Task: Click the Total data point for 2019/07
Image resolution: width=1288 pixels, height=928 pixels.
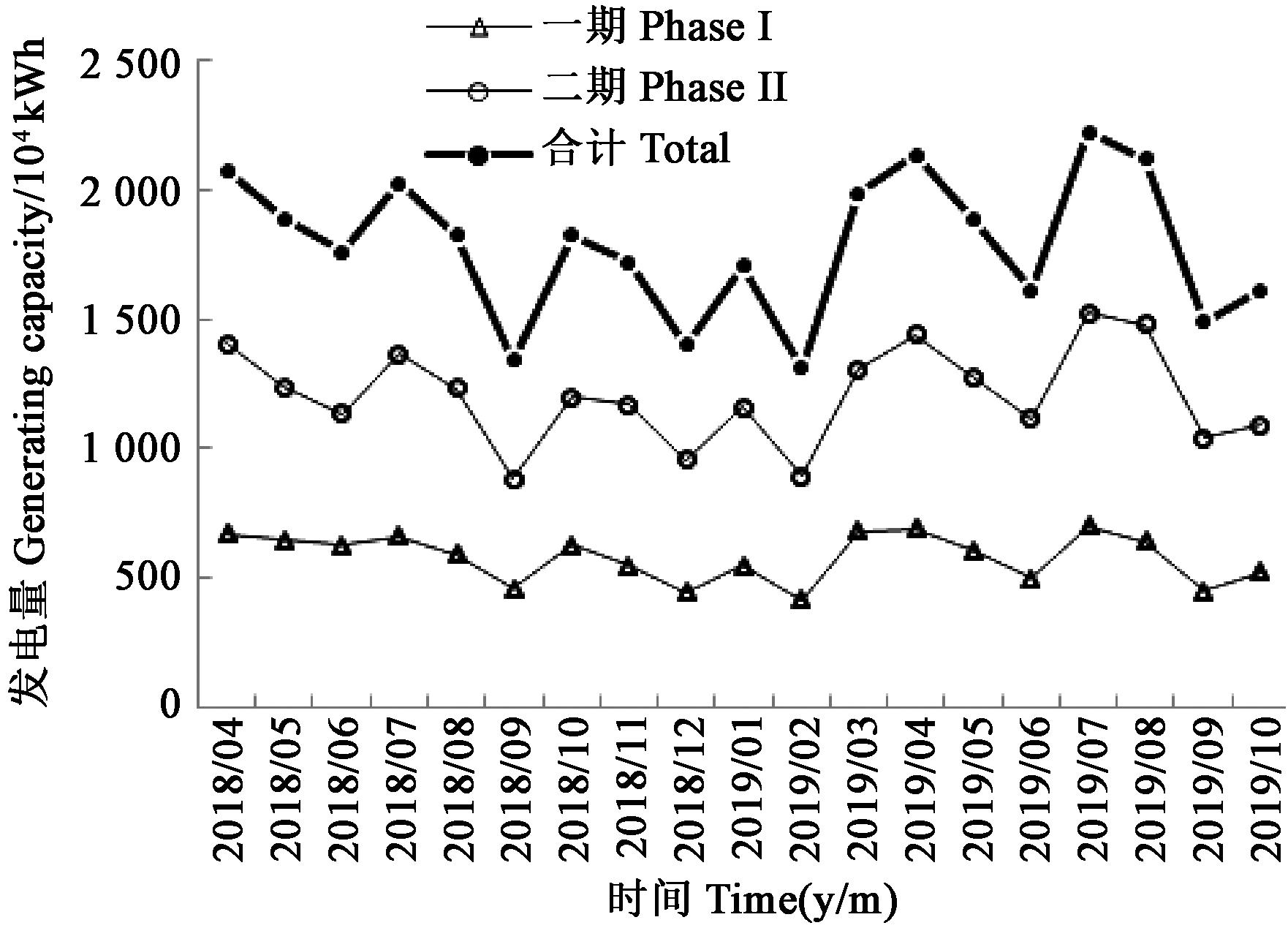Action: (1089, 133)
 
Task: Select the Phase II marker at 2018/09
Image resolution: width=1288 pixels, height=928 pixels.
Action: (514, 480)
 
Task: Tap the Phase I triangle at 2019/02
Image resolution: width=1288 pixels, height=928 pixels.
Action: (801, 600)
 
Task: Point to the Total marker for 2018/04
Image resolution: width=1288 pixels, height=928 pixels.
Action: (227, 171)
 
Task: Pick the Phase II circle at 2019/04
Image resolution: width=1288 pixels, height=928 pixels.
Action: (916, 334)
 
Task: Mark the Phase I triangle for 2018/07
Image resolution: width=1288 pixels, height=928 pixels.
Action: (398, 537)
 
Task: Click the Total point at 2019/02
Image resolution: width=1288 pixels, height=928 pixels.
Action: (801, 368)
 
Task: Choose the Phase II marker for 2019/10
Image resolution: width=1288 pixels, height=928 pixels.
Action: (1260, 426)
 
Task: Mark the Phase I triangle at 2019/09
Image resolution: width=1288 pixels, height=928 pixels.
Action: (1203, 592)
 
